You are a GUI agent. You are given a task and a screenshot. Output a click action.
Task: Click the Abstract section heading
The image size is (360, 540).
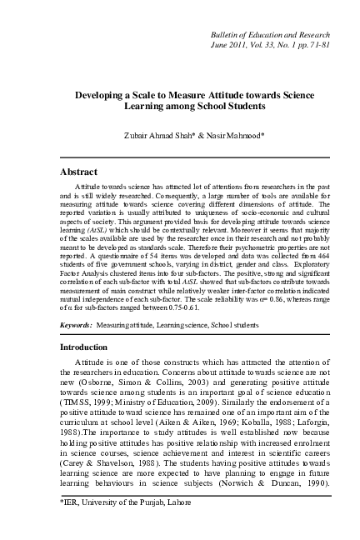pyautogui.click(x=83, y=171)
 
